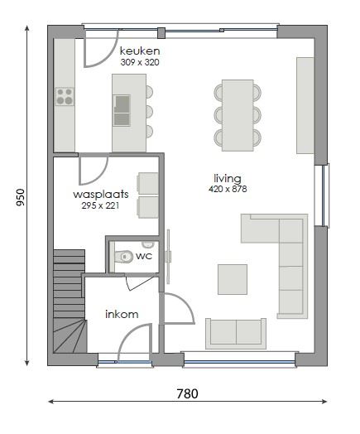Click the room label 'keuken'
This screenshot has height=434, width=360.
point(138,51)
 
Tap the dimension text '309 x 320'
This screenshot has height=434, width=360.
point(138,62)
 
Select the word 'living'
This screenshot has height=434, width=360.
point(227,178)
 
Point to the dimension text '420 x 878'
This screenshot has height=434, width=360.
point(228,189)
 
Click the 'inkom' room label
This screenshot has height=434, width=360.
point(121,314)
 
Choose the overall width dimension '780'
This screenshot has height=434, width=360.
point(187,394)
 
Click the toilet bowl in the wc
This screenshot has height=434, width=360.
point(124,257)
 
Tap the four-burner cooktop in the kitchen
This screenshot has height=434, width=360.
point(65,96)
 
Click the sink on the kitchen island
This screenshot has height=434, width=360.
point(122,104)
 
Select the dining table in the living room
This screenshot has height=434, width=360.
point(238,114)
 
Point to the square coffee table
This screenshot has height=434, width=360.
point(233,278)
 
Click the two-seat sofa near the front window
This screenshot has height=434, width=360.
point(237,332)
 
